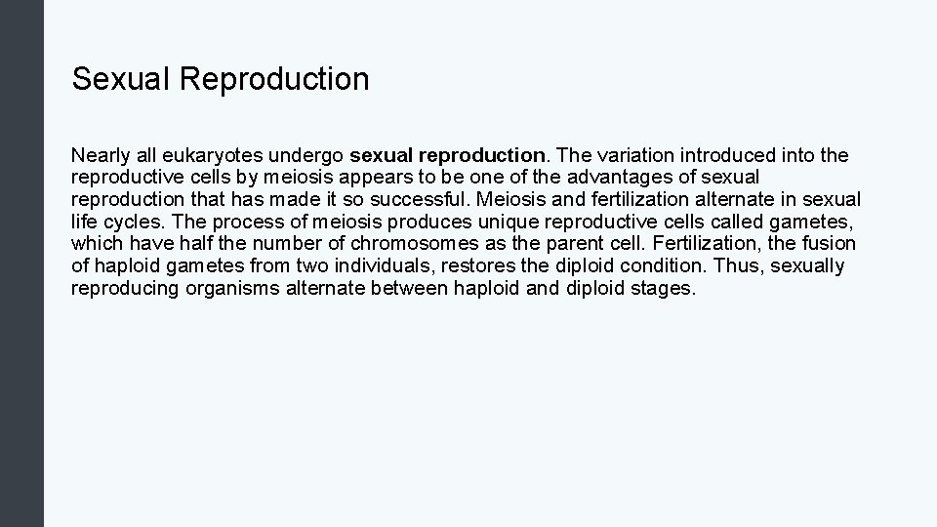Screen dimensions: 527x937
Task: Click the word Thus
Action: click(734, 266)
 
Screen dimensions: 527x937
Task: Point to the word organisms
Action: click(234, 289)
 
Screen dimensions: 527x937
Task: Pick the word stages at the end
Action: click(665, 289)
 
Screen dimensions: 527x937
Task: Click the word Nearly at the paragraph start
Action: click(100, 155)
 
